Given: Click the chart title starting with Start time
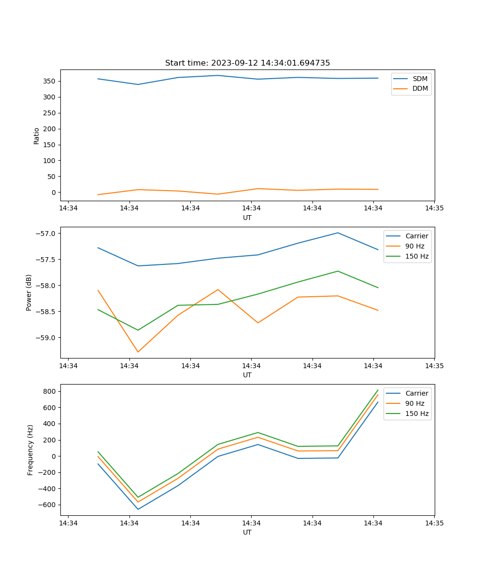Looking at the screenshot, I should point(247,63).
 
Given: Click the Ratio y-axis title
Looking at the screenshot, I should point(37,136).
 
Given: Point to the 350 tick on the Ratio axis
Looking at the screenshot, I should point(50,81).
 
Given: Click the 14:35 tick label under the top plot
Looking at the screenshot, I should point(434,208).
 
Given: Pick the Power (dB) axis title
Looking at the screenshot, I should point(29,292).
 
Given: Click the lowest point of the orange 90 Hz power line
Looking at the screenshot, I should point(138,352).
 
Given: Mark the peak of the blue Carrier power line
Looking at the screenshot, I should point(338,233).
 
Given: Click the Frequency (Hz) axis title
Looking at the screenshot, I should point(30,450).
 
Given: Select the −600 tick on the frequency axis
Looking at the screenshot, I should point(47,505).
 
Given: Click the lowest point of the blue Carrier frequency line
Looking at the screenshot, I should point(138,509).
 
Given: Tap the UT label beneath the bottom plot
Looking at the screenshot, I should point(247,532).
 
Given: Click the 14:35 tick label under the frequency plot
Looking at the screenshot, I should point(434,523).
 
